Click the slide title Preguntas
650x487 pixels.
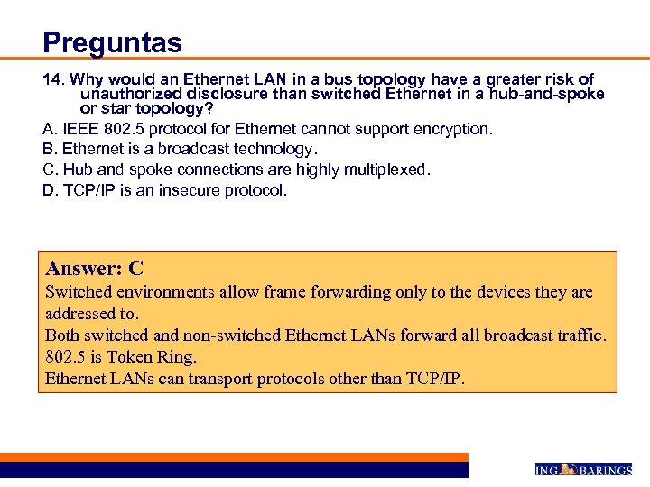pos(112,42)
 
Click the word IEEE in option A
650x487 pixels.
pos(79,129)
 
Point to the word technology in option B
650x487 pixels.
pos(265,149)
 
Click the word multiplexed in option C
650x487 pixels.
pos(386,170)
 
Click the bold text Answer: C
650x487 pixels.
pos(95,268)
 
